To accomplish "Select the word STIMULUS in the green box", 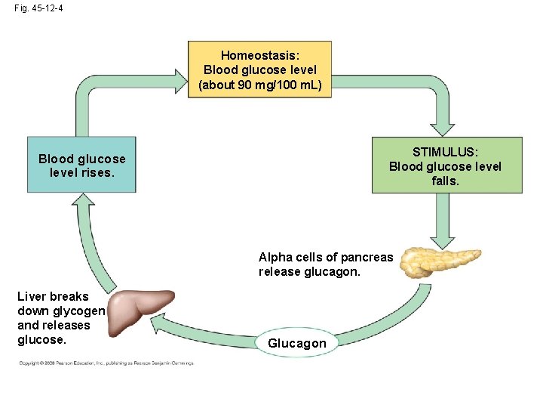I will click(x=445, y=152).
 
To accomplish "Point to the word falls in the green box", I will click(x=445, y=181).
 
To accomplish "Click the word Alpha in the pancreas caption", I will click(x=275, y=257).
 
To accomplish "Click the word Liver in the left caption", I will click(x=32, y=296).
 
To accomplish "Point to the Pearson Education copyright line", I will click(x=106, y=363).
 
